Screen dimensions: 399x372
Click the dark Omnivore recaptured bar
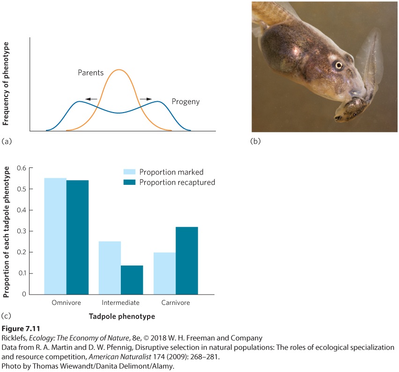click(77, 237)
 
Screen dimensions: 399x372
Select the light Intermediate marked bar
click(110, 268)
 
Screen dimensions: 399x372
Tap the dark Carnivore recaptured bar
click(187, 260)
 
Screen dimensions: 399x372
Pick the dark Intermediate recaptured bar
click(132, 280)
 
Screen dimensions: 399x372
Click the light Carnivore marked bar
click(165, 273)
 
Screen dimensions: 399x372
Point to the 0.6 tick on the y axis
click(31, 168)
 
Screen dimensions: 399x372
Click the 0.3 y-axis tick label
click(22, 231)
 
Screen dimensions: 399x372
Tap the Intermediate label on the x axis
click(121, 303)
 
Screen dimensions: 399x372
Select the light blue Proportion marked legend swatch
click(129, 172)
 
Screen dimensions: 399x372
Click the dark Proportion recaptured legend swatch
click(129, 182)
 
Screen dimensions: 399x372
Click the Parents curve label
click(90, 73)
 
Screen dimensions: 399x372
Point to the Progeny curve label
click(185, 102)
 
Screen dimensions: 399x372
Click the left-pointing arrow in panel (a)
click(91, 99)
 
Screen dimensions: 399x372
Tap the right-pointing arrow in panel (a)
click(146, 99)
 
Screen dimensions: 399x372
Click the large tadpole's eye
click(339, 65)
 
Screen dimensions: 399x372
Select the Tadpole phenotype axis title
click(122, 317)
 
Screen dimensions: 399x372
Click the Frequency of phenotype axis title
click(6, 84)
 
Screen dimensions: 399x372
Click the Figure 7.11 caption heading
click(21, 328)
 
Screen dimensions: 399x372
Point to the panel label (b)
click(256, 141)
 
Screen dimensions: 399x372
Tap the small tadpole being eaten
click(351, 110)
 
